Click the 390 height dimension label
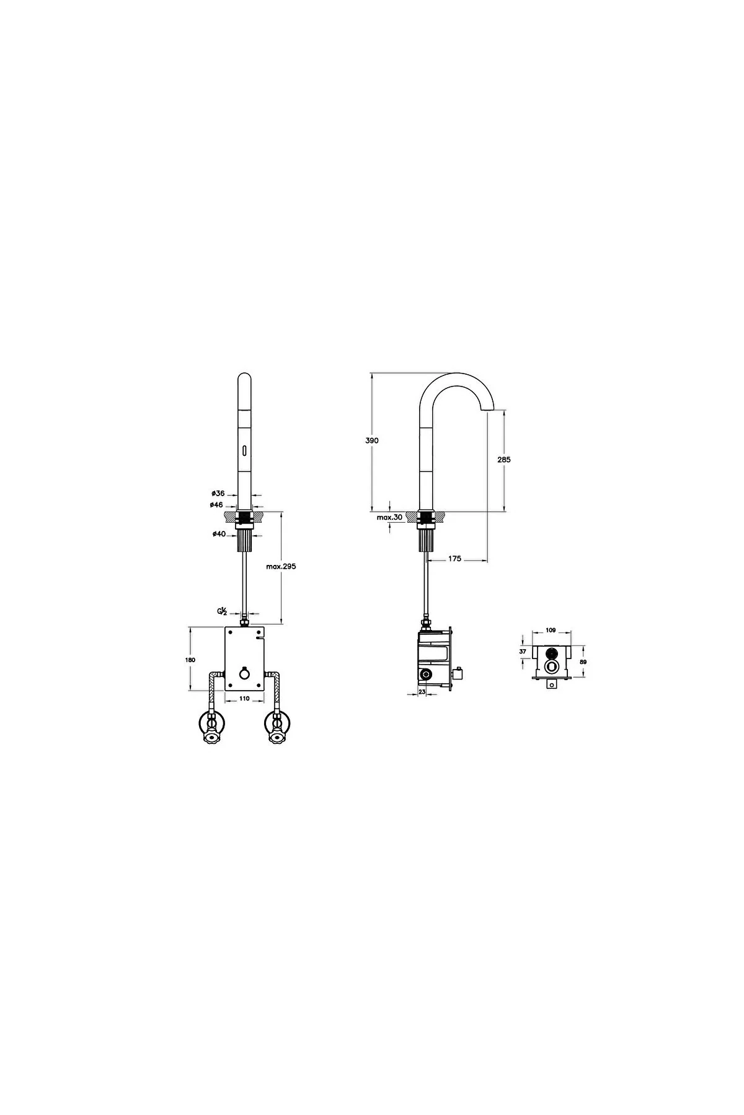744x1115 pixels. click(372, 440)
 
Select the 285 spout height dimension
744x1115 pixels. click(504, 460)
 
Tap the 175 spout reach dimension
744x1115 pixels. click(454, 559)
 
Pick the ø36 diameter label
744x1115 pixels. click(218, 494)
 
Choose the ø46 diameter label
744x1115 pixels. click(217, 505)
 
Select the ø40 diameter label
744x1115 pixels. click(218, 534)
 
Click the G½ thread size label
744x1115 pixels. click(221, 611)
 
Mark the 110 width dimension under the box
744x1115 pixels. click(244, 699)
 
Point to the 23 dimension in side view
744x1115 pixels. click(422, 693)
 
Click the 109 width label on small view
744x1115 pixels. click(550, 631)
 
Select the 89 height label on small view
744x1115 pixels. click(583, 662)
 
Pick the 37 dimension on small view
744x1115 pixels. click(522, 652)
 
